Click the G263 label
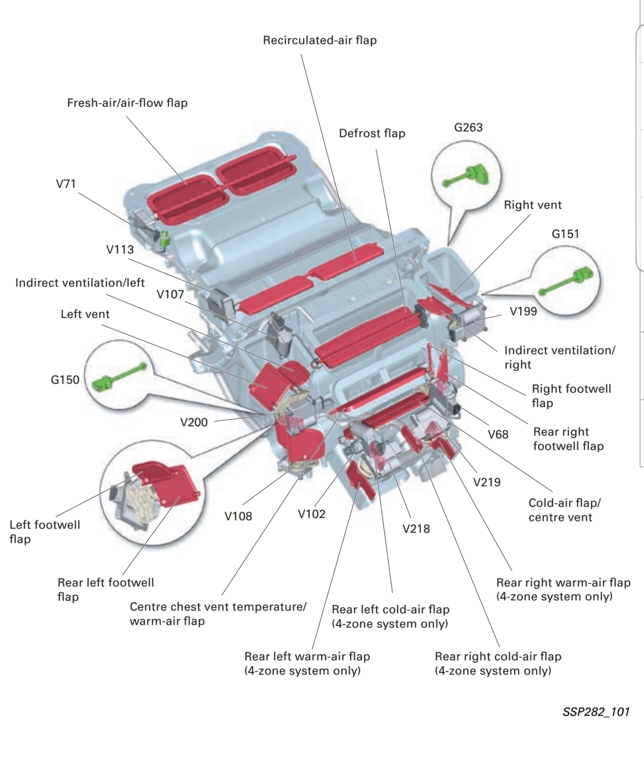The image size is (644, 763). (x=468, y=128)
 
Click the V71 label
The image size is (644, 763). (x=66, y=184)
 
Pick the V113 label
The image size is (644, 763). (x=120, y=250)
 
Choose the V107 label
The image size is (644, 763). (x=170, y=294)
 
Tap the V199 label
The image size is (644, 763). (x=523, y=311)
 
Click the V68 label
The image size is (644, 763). (x=498, y=435)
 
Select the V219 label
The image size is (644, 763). (x=486, y=482)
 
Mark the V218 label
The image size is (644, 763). (x=416, y=529)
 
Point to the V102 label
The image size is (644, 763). (x=311, y=514)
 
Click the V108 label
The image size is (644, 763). (x=238, y=516)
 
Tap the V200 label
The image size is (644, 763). (x=194, y=422)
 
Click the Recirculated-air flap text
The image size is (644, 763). (x=320, y=40)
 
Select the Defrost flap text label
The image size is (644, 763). (x=372, y=133)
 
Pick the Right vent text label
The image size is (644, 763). (x=533, y=205)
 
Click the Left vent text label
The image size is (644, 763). (x=85, y=314)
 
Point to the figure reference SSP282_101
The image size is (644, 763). (x=596, y=712)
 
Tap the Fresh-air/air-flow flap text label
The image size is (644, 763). (x=127, y=103)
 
